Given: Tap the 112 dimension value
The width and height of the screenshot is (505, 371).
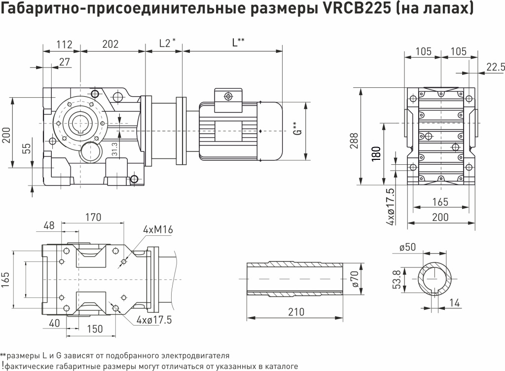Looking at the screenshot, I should click(65, 44).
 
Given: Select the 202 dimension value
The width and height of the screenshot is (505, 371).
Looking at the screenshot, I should click(110, 44).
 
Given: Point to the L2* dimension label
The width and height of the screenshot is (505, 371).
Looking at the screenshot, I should click(167, 43).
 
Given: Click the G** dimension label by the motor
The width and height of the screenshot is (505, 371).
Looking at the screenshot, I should click(296, 129).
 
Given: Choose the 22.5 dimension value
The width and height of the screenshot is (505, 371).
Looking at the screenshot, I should click(495, 67).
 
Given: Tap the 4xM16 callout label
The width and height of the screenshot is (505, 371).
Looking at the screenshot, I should click(158, 230).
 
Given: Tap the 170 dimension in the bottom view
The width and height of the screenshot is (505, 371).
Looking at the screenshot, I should click(93, 217).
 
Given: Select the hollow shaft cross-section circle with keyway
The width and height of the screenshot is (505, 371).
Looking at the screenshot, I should click(435, 279).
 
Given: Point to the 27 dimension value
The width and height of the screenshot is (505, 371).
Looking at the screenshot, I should click(64, 62).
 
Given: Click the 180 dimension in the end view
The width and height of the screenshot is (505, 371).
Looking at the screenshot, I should click(376, 152).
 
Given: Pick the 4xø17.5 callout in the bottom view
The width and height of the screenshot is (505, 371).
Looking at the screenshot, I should click(154, 320).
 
